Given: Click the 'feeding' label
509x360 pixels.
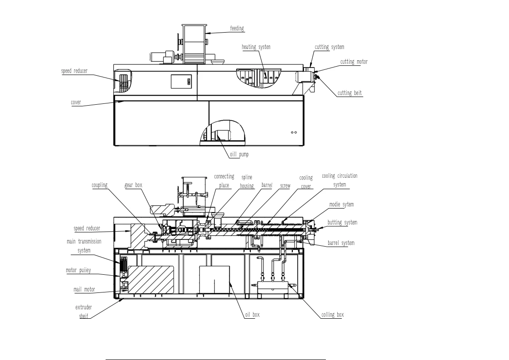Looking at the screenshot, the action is point(237,28).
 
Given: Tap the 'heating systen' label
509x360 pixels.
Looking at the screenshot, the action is point(256,47).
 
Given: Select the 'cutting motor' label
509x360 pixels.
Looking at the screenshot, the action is point(354,62).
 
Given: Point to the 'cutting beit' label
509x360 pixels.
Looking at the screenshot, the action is point(349,93).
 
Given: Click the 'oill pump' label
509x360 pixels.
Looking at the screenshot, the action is point(239,154).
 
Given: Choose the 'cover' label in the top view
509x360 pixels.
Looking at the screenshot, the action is point(76,102).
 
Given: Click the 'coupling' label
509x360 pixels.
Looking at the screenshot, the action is point(99,185).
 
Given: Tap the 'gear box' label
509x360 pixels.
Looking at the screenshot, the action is point(133,185).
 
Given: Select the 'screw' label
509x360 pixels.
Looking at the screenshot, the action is point(286,186).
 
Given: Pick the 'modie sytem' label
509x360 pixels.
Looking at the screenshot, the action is point(341,204).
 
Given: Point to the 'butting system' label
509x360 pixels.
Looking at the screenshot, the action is point(342,222).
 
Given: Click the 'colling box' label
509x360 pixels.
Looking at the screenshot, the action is point(332,315).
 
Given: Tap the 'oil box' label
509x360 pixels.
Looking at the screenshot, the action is point(252,315).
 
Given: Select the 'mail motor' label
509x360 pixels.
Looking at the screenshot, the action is point(84,289).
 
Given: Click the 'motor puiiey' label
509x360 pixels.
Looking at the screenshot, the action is point(78,270).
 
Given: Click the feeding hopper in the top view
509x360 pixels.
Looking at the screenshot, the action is point(194,44).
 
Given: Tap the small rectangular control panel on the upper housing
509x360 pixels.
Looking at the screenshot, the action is point(181,82).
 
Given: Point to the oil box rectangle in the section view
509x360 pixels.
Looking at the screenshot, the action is point(214,280).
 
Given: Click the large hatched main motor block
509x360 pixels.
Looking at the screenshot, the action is point(151,279).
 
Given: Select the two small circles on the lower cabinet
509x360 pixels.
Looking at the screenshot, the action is point(294,132).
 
